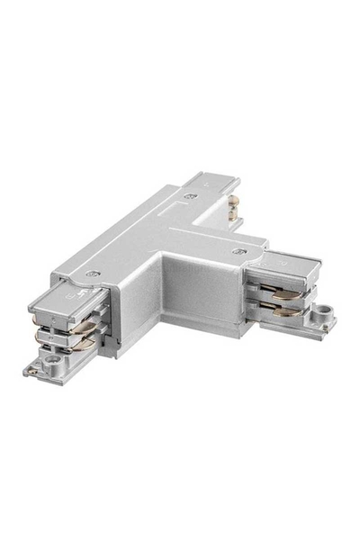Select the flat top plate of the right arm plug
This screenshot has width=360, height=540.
(x=286, y=265)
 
